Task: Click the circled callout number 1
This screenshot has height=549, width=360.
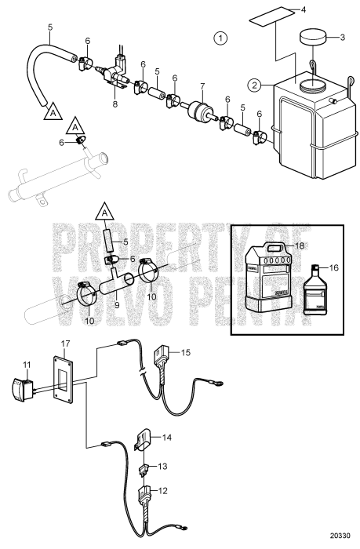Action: pyautogui.click(x=222, y=38)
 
